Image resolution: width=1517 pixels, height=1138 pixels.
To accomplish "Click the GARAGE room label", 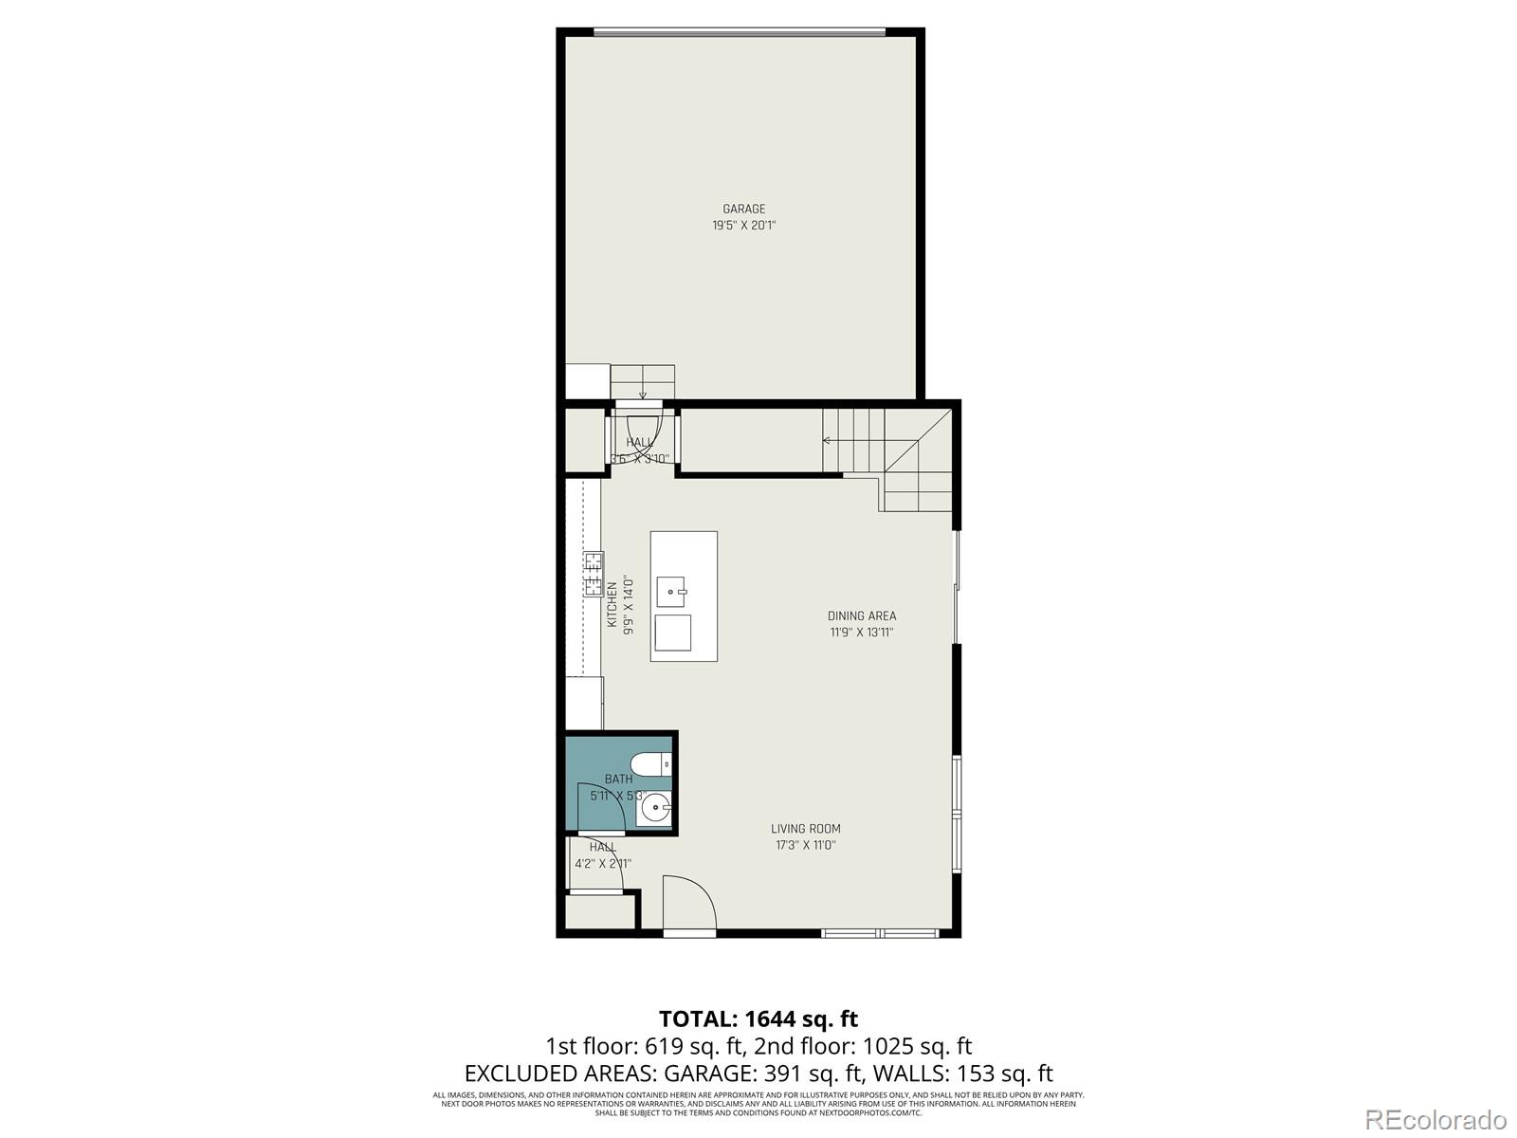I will pyautogui.click(x=743, y=209).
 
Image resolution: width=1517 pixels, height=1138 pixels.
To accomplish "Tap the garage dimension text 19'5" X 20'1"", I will pyautogui.click(x=743, y=226).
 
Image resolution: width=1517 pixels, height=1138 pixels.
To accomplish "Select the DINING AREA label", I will pyautogui.click(x=861, y=615).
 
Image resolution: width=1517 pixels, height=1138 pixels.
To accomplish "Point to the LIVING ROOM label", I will pyautogui.click(x=805, y=828).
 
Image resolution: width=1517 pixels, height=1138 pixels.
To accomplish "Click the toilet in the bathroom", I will pyautogui.click(x=650, y=763).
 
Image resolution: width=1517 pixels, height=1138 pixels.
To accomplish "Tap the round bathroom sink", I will pyautogui.click(x=655, y=809).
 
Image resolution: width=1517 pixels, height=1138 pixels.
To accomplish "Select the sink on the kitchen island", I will pyautogui.click(x=672, y=591).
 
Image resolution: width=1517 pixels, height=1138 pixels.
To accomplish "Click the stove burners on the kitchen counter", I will pyautogui.click(x=594, y=574).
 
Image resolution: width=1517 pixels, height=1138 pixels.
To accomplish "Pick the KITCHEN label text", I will pyautogui.click(x=612, y=604).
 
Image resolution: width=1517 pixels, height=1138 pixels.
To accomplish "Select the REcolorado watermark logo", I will pyautogui.click(x=1435, y=1119).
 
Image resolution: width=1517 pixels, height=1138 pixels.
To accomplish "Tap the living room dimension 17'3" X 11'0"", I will pyautogui.click(x=805, y=845).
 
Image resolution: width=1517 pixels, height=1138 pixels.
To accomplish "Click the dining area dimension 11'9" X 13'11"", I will pyautogui.click(x=861, y=633).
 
